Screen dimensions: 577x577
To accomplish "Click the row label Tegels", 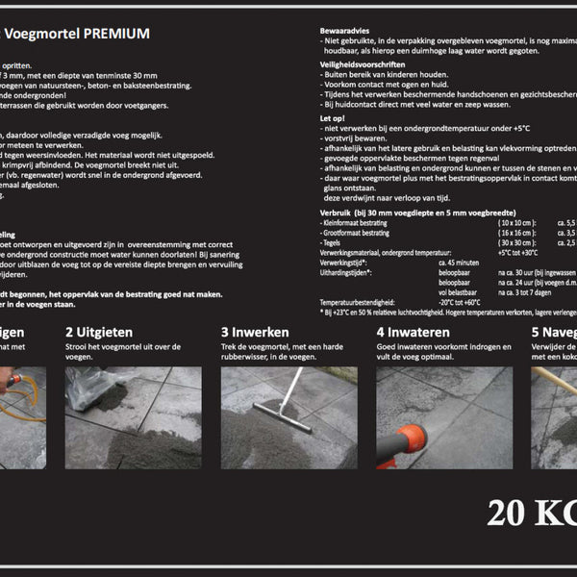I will point(332,242).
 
